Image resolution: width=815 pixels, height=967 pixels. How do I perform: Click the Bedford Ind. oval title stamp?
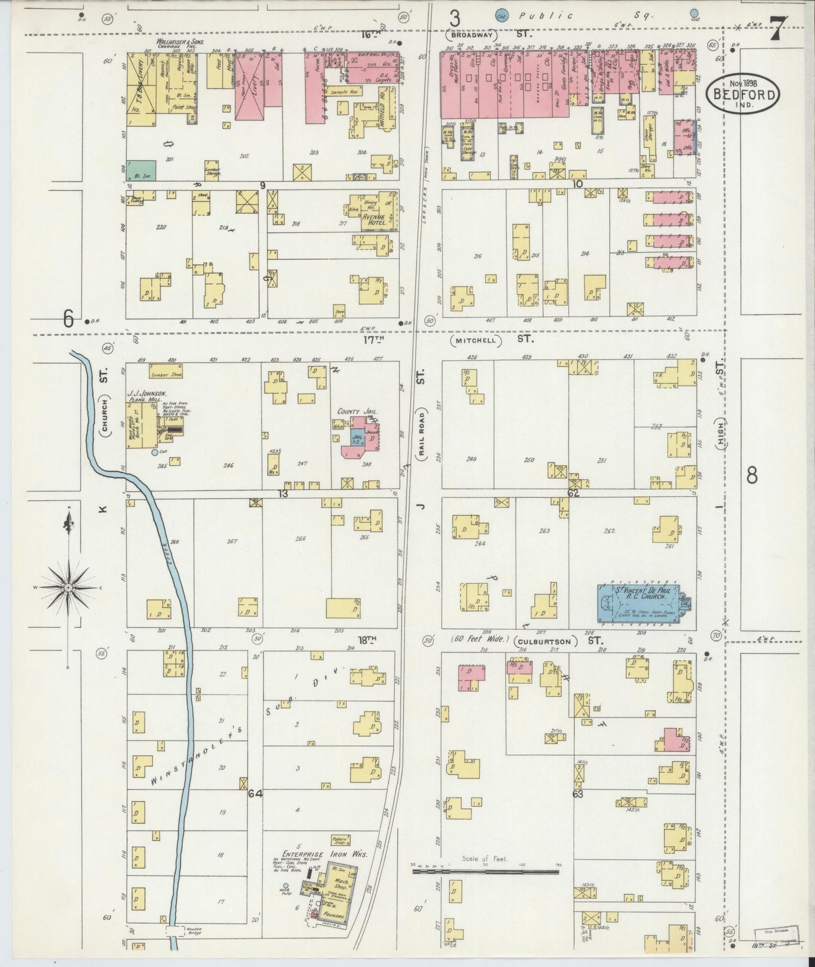(x=743, y=92)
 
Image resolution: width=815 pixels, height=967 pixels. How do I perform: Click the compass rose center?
(x=68, y=587)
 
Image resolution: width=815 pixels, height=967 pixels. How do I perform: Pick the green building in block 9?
(x=141, y=170)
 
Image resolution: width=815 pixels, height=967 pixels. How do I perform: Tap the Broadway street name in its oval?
(x=473, y=34)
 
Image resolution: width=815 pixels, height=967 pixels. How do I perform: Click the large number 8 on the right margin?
(x=752, y=476)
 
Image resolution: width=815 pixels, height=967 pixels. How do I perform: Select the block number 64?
(x=255, y=794)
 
